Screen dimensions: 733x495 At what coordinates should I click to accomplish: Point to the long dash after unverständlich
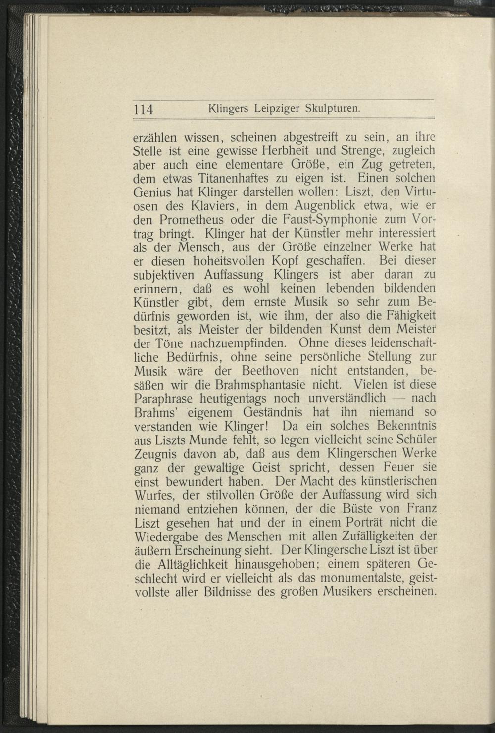(x=397, y=397)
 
